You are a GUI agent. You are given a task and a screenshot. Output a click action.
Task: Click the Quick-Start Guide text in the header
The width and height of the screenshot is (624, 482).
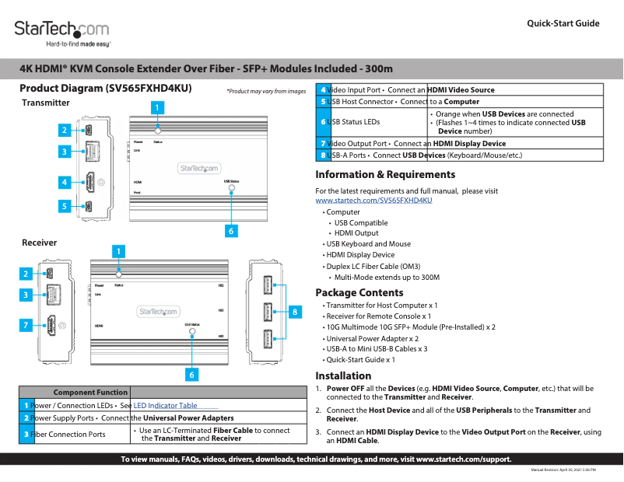click(x=563, y=23)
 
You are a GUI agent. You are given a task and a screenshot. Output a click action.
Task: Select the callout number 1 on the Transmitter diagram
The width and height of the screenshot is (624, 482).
click(x=157, y=107)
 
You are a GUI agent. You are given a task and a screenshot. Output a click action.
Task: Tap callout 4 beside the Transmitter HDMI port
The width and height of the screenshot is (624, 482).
click(x=65, y=183)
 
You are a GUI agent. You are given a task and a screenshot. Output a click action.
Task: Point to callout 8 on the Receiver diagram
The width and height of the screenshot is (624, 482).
click(x=294, y=312)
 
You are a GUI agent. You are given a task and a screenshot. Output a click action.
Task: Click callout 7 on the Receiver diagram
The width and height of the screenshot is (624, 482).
click(x=26, y=324)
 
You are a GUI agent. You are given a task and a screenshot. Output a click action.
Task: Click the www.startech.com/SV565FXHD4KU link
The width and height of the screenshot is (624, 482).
click(x=373, y=201)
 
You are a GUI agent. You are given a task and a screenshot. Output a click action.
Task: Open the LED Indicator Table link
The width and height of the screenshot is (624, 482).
click(x=166, y=406)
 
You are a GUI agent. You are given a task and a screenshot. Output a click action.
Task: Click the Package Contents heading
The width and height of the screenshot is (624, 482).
click(x=359, y=293)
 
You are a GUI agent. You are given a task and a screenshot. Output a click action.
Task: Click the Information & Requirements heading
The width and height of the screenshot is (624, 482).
click(x=385, y=175)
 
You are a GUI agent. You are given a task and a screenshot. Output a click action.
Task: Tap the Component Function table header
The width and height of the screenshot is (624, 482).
click(x=90, y=393)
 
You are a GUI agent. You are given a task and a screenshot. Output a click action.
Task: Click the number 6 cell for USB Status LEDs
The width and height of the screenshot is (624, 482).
click(x=322, y=122)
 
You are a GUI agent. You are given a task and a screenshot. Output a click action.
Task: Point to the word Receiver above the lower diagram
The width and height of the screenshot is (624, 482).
click(x=39, y=243)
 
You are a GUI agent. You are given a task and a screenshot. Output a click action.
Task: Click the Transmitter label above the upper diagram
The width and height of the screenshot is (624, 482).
click(x=46, y=103)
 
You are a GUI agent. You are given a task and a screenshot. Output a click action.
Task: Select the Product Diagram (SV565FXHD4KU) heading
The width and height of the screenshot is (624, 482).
click(x=105, y=89)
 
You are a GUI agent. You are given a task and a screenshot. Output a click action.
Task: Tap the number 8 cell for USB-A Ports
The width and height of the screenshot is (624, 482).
click(x=322, y=155)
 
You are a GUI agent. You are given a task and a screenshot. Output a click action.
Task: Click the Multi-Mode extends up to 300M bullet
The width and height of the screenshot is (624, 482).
click(x=386, y=278)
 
